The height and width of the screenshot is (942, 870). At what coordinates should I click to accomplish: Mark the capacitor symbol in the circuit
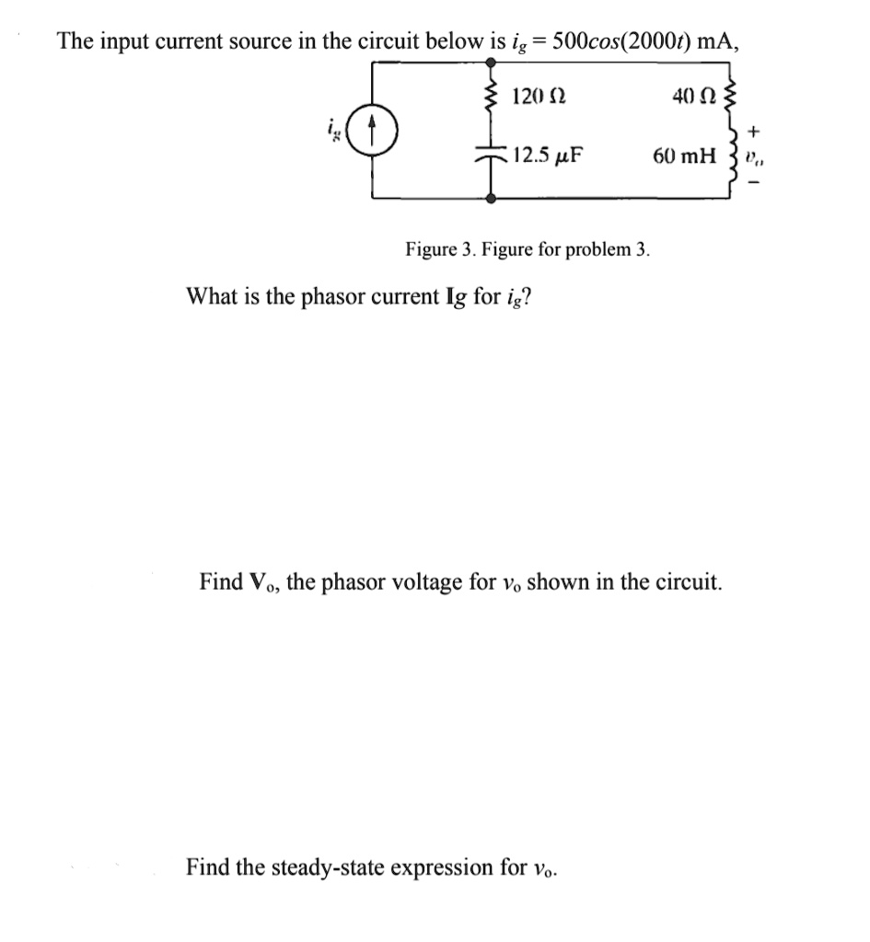[493, 156]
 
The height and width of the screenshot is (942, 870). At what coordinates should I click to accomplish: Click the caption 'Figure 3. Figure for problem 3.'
[528, 248]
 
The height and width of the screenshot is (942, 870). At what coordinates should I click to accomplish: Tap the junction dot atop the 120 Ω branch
[493, 63]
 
